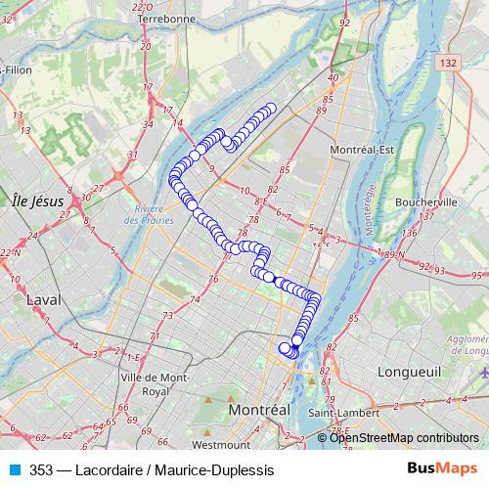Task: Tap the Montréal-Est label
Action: click(x=362, y=149)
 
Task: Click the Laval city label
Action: click(x=43, y=299)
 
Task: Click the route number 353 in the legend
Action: click(x=41, y=470)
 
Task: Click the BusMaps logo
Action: click(x=442, y=469)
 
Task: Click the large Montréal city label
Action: click(x=259, y=411)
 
